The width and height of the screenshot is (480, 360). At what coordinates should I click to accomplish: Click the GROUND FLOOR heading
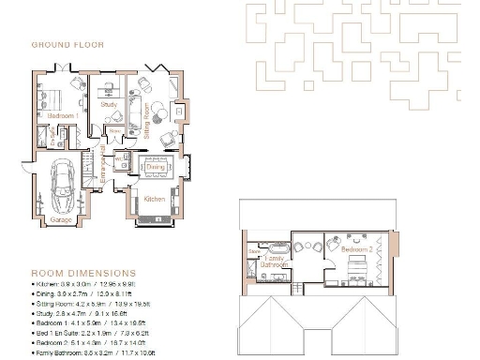point(67,44)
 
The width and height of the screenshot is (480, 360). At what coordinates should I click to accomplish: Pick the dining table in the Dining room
point(153,167)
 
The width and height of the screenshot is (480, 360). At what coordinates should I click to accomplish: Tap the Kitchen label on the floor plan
point(154,200)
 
